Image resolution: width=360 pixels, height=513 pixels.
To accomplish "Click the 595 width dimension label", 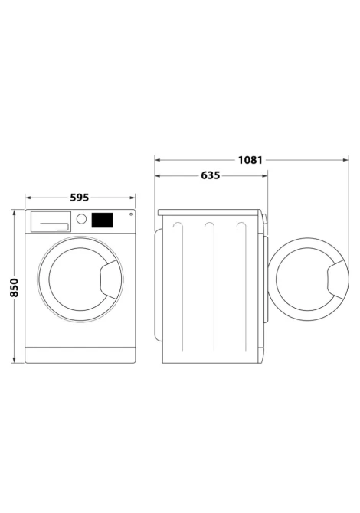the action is pyautogui.click(x=80, y=198).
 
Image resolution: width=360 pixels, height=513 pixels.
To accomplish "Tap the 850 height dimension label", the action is pyautogui.click(x=14, y=288).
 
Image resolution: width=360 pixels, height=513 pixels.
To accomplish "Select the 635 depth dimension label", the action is pyautogui.click(x=211, y=175).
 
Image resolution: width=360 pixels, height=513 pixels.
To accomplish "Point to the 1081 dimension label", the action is pyautogui.click(x=250, y=160).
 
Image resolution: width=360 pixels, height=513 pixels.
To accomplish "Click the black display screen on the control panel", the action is pyautogui.click(x=102, y=221).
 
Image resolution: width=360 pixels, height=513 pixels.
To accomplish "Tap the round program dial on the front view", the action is pyautogui.click(x=81, y=219).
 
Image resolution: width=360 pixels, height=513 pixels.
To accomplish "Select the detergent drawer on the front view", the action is pyautogui.click(x=51, y=221).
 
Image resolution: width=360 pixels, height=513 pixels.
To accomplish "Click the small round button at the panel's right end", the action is pyautogui.click(x=131, y=214).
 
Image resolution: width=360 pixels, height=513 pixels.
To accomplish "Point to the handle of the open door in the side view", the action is pyautogui.click(x=337, y=279).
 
